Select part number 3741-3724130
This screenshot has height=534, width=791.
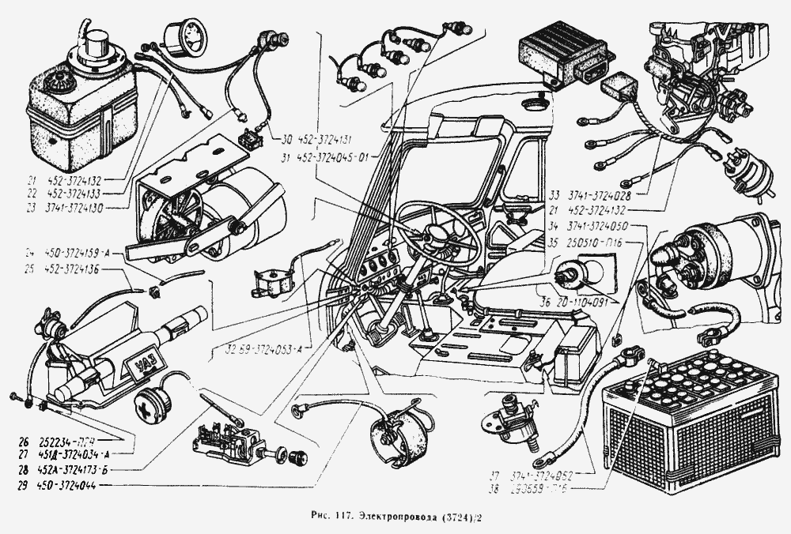tap(77, 208)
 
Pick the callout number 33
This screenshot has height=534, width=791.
tap(552, 193)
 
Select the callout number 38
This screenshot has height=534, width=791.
tap(494, 489)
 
